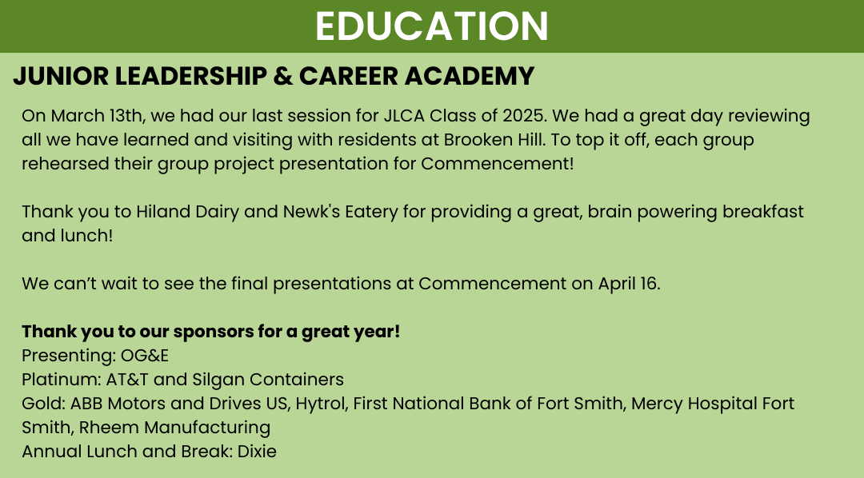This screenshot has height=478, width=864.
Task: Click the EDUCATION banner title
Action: point(431,26)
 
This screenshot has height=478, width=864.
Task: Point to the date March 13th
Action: point(97,116)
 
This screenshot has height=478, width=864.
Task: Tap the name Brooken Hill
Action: point(494,140)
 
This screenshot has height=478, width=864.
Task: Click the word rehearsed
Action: point(66,164)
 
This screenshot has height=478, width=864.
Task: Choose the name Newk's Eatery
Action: point(340,212)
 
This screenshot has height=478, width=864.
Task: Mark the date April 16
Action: point(629,284)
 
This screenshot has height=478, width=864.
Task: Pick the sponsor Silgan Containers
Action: point(268,380)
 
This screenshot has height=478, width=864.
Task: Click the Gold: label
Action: point(43,404)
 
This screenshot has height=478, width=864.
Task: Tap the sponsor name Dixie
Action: point(257,452)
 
